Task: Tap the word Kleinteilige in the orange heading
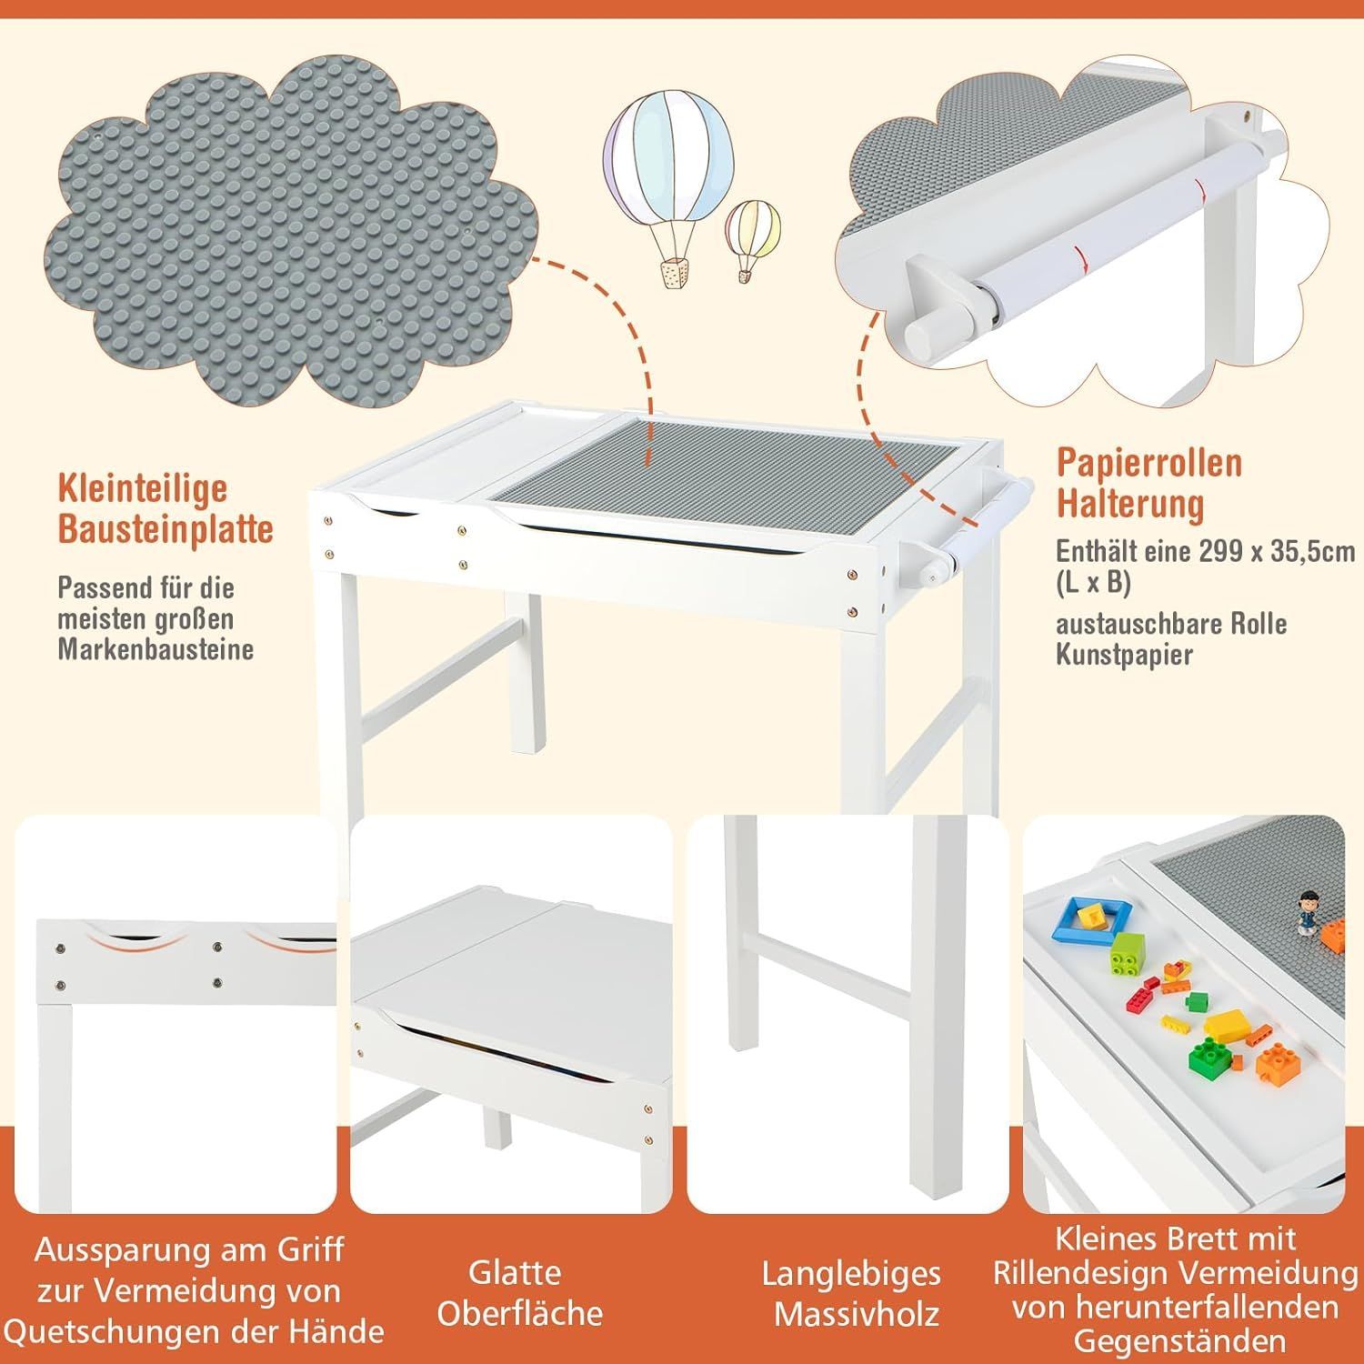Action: tap(142, 487)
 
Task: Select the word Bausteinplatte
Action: tap(165, 528)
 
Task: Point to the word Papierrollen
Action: tap(1149, 463)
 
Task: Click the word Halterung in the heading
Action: tap(1130, 503)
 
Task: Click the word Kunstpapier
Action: tap(1124, 655)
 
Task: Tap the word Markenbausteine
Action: tap(155, 648)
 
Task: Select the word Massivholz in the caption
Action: tap(857, 1314)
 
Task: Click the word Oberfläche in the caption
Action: tap(519, 1313)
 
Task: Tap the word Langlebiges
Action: tap(851, 1273)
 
